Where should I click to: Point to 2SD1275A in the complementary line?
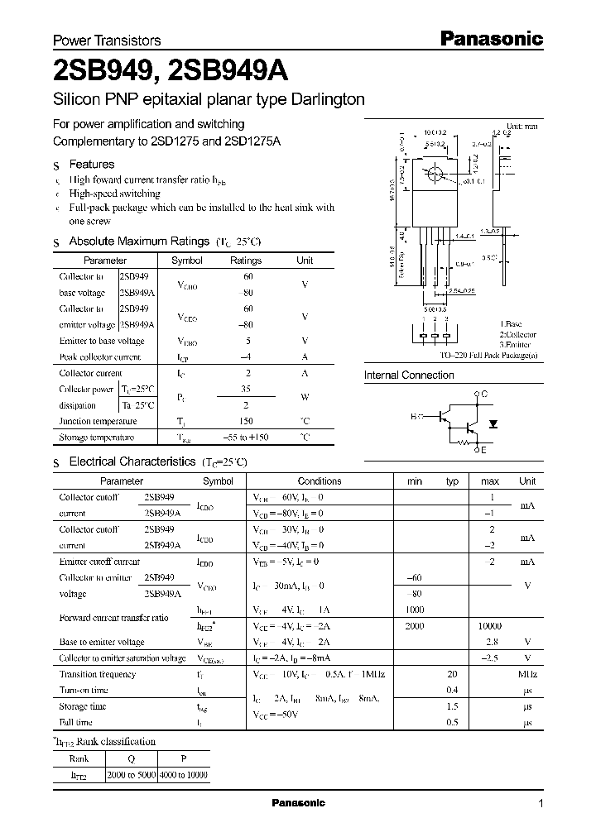pyautogui.click(x=252, y=141)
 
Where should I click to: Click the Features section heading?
pyautogui.click(x=92, y=165)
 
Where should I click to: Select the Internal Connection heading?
pyautogui.click(x=409, y=375)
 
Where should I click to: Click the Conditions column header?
pyautogui.click(x=320, y=481)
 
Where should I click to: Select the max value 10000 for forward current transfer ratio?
pyautogui.click(x=490, y=627)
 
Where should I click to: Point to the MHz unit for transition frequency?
pyautogui.click(x=526, y=675)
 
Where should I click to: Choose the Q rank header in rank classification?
pyautogui.click(x=132, y=758)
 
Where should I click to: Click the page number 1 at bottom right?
pyautogui.click(x=541, y=804)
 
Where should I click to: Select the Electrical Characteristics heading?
pyautogui.click(x=132, y=462)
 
